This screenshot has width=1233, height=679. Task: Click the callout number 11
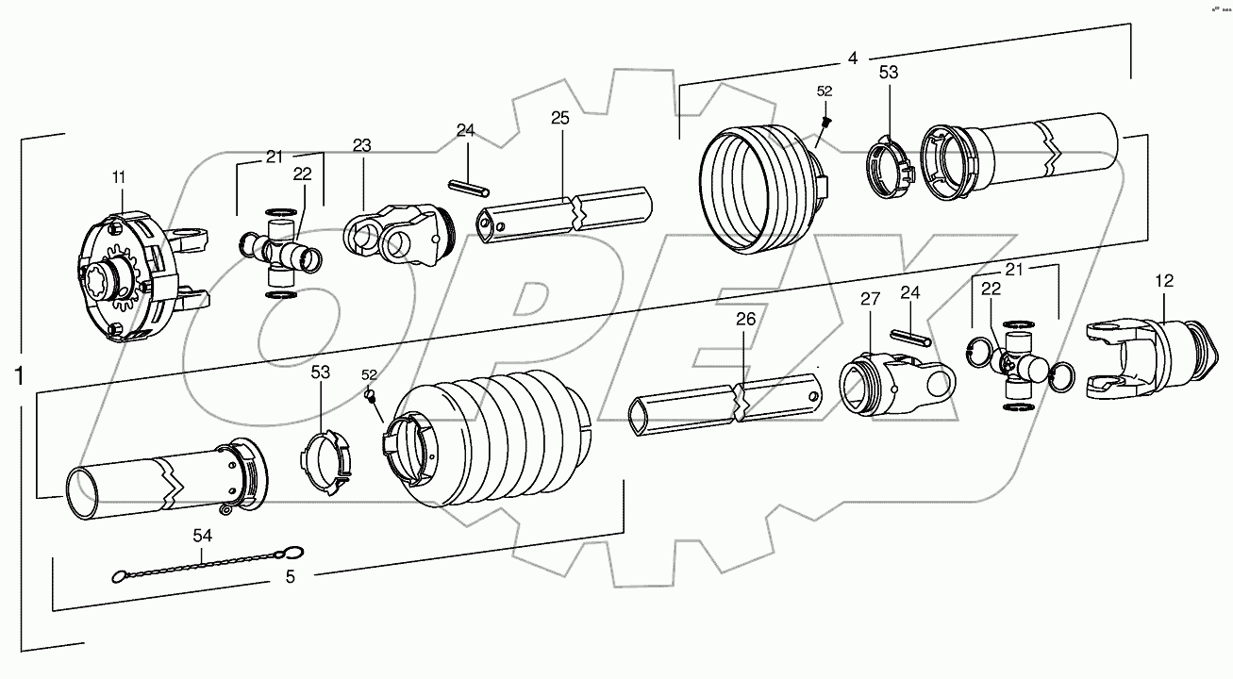click(x=120, y=176)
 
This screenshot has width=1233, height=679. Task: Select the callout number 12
click(x=1164, y=280)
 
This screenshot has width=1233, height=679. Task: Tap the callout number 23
click(x=362, y=145)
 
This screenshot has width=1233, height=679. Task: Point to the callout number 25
click(x=560, y=118)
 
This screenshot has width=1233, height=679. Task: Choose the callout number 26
click(x=745, y=320)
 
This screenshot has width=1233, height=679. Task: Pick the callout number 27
click(x=869, y=299)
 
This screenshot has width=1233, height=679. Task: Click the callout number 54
click(x=203, y=536)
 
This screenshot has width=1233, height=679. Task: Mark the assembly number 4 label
click(x=852, y=58)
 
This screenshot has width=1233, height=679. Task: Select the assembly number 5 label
click(x=290, y=577)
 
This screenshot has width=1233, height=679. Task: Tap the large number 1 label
click(x=19, y=376)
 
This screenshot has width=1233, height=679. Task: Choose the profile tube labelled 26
click(x=726, y=404)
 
